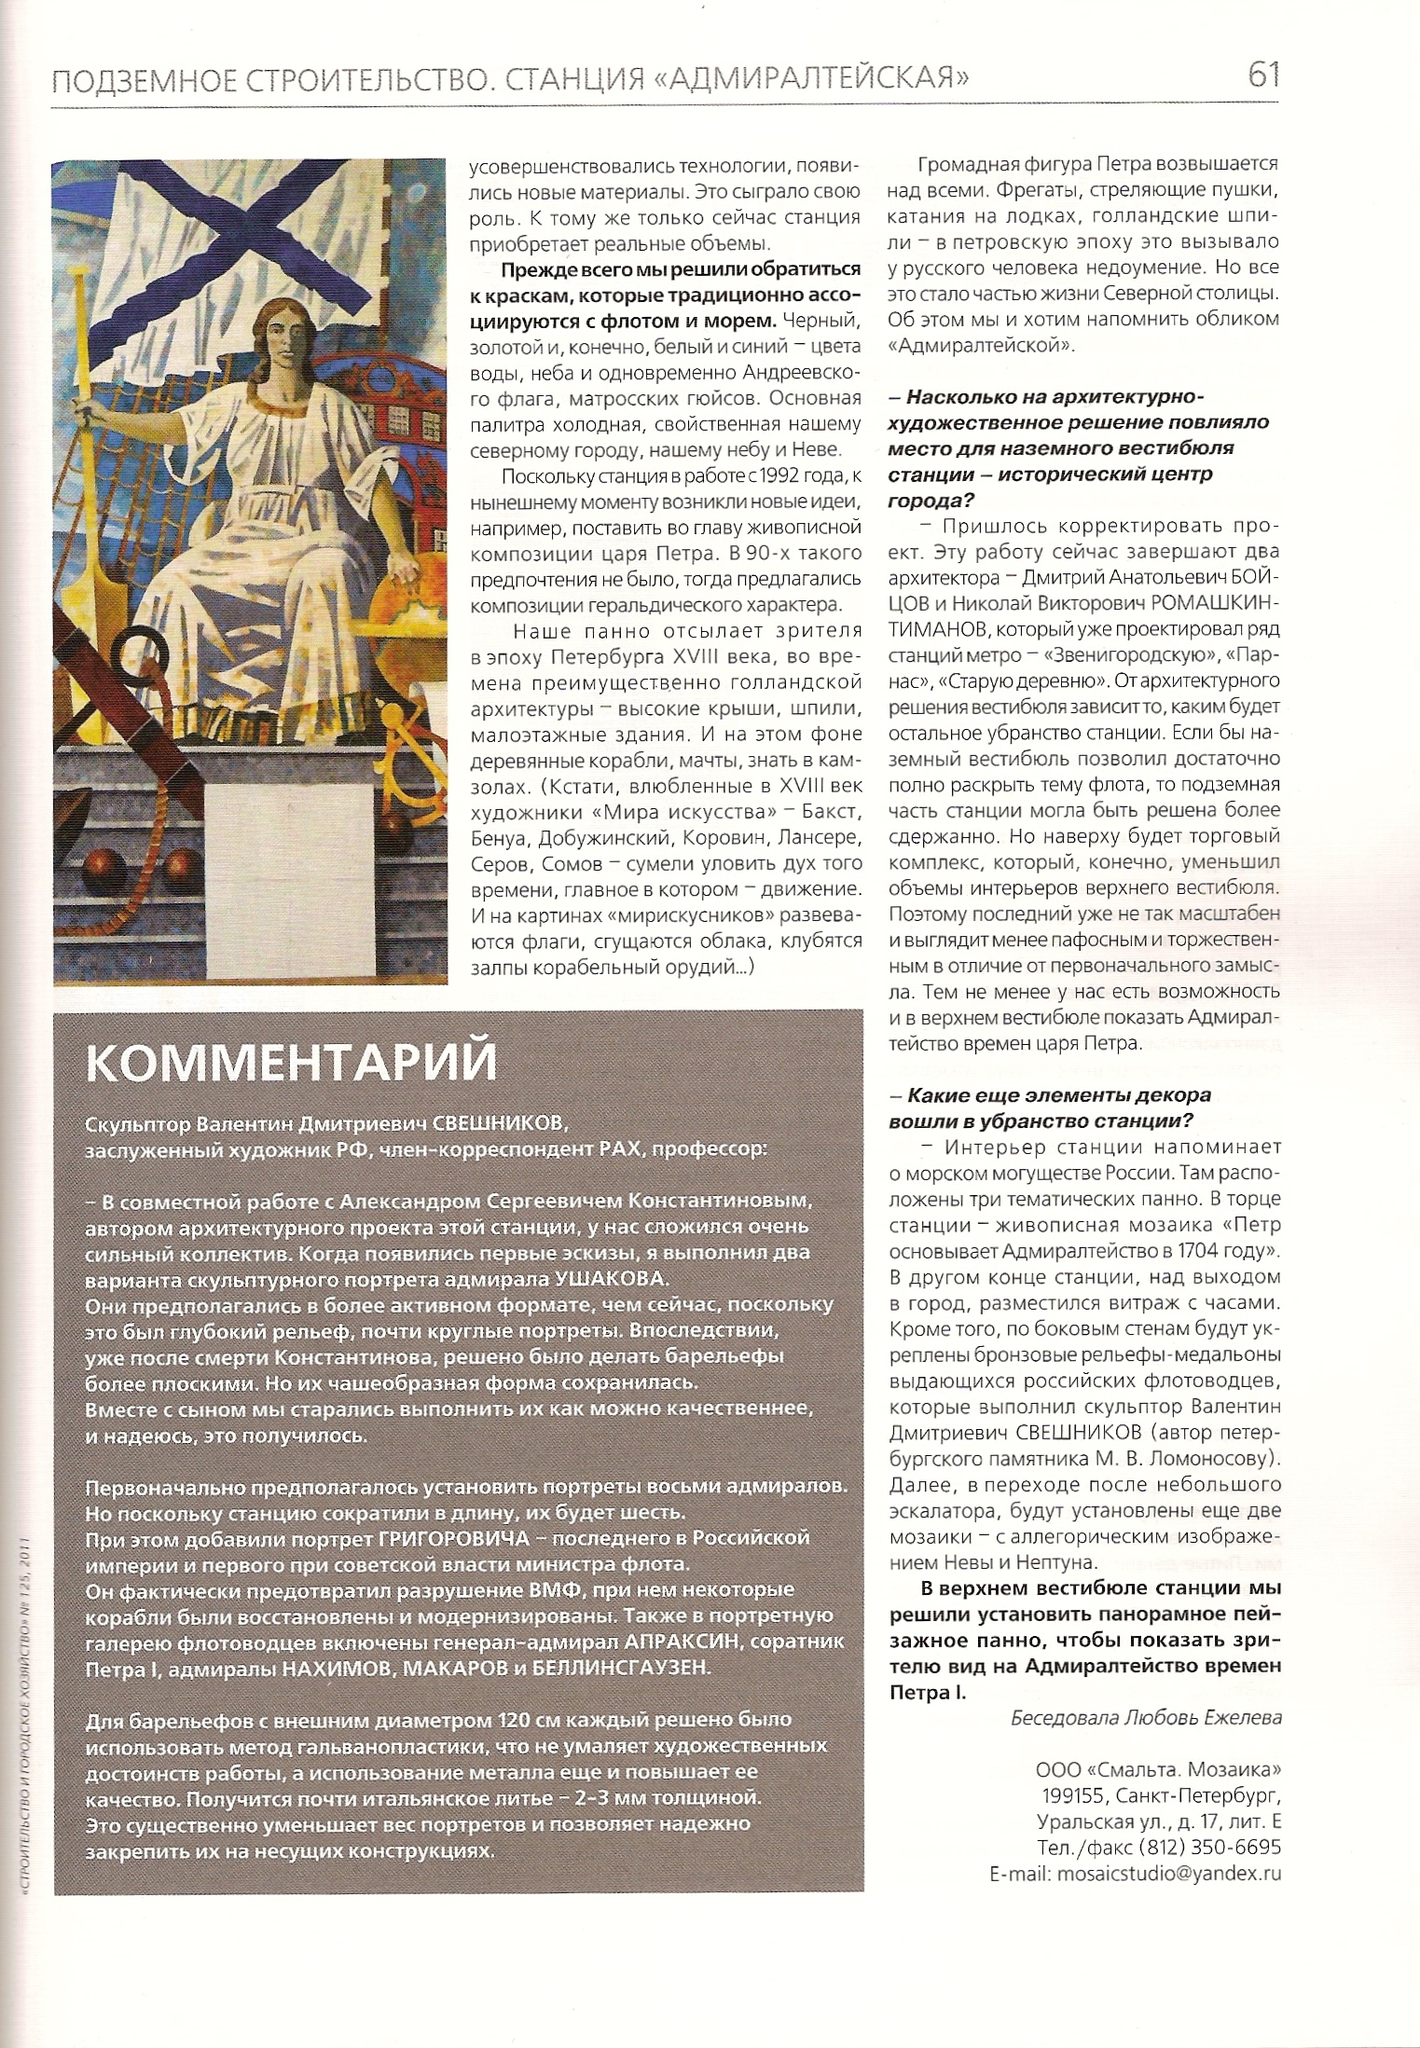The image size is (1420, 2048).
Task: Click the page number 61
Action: pyautogui.click(x=1262, y=75)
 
